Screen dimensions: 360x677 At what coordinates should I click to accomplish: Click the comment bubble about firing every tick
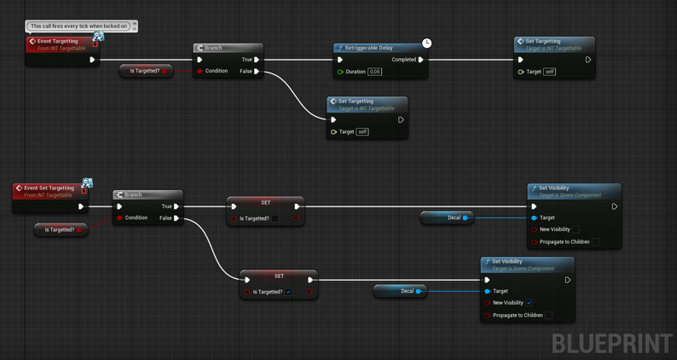tap(80, 26)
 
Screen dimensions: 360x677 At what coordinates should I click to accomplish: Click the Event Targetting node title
tap(57, 41)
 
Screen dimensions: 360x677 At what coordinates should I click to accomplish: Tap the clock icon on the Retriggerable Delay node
tap(427, 43)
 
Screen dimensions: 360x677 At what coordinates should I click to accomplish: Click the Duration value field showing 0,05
tap(375, 72)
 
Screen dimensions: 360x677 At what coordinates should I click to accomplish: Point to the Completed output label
tap(403, 60)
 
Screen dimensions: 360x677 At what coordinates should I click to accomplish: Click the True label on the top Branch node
tap(246, 60)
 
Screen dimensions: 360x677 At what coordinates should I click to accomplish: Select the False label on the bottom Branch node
tap(165, 218)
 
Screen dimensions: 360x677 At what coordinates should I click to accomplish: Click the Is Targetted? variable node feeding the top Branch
tap(146, 71)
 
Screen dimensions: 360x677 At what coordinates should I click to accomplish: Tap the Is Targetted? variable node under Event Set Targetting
tap(60, 229)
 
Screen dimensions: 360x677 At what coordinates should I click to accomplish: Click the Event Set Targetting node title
tap(49, 188)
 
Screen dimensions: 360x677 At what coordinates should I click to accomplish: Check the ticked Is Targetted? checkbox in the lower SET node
tap(288, 292)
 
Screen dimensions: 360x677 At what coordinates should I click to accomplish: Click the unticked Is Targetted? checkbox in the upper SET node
tap(275, 218)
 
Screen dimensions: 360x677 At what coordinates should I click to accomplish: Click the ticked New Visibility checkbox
tap(529, 303)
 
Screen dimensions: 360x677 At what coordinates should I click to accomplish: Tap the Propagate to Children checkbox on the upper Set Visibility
tap(595, 241)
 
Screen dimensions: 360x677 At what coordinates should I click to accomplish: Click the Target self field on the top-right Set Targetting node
tap(549, 72)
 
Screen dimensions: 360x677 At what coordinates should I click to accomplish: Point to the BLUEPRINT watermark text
tap(611, 343)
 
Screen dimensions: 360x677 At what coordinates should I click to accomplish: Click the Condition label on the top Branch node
tap(217, 71)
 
